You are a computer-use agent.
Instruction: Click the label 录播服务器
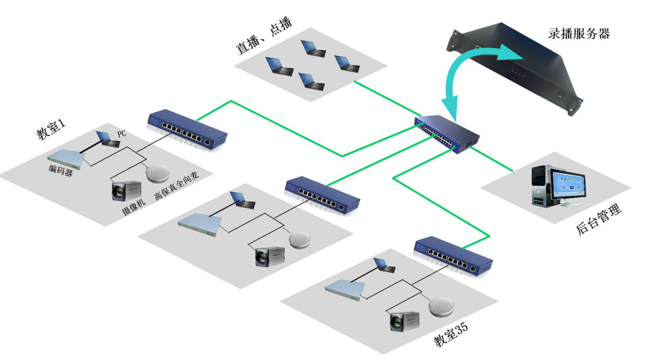pos(579,34)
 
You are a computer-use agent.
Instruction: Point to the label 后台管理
pos(598,220)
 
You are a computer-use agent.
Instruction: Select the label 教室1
pos(51,129)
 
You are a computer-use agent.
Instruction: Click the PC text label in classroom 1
pos(122,134)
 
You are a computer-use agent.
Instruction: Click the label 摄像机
pos(133,206)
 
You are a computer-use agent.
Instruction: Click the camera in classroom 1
pos(126,191)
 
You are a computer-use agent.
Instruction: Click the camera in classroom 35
pos(404,321)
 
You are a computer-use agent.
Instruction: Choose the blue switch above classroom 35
pos(453,256)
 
